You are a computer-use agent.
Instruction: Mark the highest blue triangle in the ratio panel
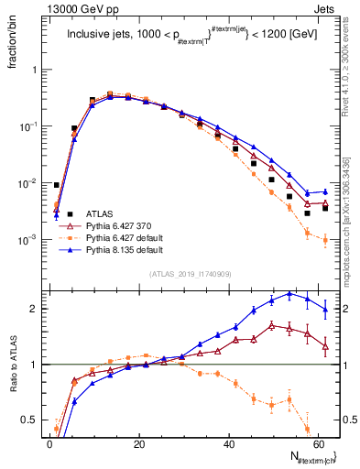coord(289,294)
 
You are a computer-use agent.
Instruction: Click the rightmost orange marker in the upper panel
coord(325,241)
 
